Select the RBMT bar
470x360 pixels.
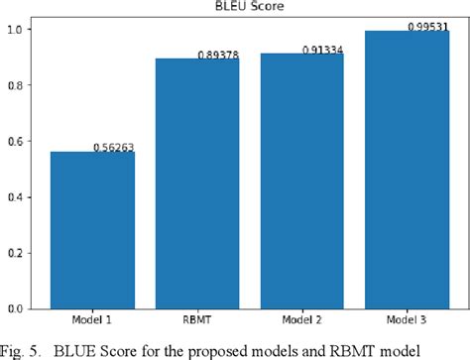tap(197, 188)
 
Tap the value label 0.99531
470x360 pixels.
tap(425, 25)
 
